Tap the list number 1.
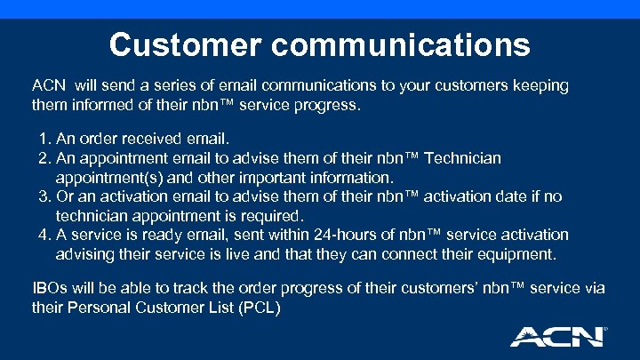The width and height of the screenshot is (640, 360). [x=44, y=139]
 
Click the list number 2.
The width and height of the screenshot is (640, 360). [x=44, y=158]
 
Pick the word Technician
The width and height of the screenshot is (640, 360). [x=463, y=158]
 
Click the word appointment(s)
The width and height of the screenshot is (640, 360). [x=107, y=177]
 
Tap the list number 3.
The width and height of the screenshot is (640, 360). [x=44, y=196]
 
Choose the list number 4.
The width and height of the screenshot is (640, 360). [x=44, y=235]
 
